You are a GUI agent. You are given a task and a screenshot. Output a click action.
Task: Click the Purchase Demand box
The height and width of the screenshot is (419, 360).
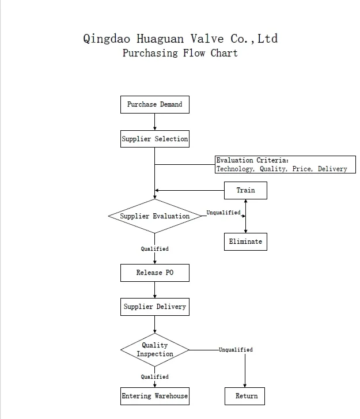tap(154, 105)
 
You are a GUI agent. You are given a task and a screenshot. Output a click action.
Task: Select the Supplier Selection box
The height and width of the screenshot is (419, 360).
tap(154, 139)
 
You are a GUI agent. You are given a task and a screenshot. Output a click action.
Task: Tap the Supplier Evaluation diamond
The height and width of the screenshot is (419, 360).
tap(154, 216)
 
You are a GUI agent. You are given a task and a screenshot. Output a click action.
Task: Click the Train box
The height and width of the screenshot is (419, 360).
tap(245, 190)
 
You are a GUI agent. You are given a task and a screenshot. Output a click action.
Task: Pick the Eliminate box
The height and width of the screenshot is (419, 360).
tap(245, 241)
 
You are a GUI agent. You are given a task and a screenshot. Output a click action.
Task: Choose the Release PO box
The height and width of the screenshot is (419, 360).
tap(154, 273)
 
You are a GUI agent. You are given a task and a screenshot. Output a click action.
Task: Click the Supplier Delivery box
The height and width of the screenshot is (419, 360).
tap(154, 307)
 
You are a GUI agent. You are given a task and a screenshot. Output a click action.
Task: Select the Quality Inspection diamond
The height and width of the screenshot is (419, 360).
tap(154, 350)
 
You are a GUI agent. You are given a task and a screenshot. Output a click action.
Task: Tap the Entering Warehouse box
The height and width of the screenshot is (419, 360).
tap(154, 396)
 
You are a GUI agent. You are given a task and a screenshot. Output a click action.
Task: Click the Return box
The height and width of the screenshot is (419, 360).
tap(245, 396)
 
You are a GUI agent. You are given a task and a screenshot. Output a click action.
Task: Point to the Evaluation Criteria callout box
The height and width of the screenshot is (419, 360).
tap(285, 165)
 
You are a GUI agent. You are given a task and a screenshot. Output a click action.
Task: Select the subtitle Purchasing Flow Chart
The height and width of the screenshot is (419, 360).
tap(180, 53)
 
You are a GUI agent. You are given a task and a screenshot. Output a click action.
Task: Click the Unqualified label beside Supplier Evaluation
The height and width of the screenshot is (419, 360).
tap(223, 213)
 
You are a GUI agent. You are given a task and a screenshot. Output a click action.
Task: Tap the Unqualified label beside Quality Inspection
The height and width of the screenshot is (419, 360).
tap(236, 350)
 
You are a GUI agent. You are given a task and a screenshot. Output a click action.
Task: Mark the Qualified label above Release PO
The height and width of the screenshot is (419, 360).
tap(154, 249)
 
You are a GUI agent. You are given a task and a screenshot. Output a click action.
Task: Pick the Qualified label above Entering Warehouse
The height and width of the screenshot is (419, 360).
tap(154, 377)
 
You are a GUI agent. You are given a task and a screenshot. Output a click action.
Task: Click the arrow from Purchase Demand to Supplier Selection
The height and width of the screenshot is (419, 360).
tap(154, 122)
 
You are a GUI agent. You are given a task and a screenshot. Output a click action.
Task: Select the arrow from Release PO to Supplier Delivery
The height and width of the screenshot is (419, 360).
tap(154, 290)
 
